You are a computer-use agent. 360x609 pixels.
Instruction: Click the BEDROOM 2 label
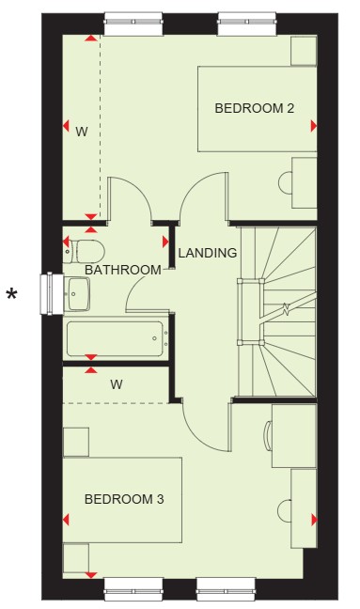point(255,108)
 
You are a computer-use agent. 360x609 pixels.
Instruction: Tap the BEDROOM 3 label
point(124,499)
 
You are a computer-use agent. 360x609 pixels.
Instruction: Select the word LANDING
point(208,253)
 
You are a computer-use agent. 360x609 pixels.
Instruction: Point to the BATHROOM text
point(123,270)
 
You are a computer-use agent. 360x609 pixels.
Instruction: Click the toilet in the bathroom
point(84,251)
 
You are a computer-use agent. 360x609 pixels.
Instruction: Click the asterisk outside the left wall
point(12,295)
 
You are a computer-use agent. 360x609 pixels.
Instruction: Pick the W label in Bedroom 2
point(82,132)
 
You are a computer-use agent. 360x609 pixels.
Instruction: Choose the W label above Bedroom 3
point(117,384)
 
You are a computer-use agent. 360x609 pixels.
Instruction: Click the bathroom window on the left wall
point(52,293)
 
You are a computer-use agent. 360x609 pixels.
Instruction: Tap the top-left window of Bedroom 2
point(133,23)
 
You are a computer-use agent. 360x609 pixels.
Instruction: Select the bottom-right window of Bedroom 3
point(226,589)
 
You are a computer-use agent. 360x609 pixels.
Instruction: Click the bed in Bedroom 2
point(258,109)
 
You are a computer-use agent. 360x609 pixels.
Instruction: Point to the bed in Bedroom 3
point(122,500)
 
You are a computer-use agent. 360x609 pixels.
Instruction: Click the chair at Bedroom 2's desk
point(286,182)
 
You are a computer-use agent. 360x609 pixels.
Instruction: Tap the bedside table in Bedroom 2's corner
point(304,51)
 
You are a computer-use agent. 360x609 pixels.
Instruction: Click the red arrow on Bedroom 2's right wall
point(314,126)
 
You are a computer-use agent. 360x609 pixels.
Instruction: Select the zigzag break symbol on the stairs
point(286,309)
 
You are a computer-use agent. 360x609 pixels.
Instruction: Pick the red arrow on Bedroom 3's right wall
point(314,520)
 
